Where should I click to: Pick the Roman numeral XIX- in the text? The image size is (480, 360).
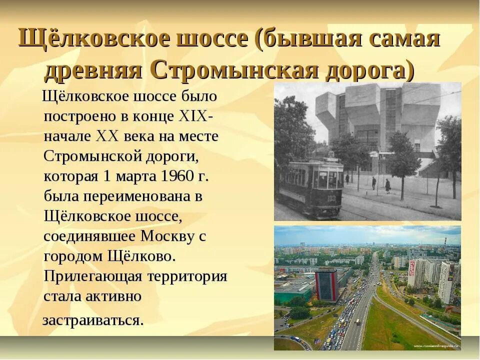pyautogui.click(x=195, y=116)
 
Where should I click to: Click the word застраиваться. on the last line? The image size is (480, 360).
pyautogui.click(x=93, y=320)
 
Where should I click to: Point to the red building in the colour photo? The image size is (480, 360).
pyautogui.click(x=326, y=285)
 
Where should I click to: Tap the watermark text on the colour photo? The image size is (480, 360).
pyautogui.click(x=435, y=346)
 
